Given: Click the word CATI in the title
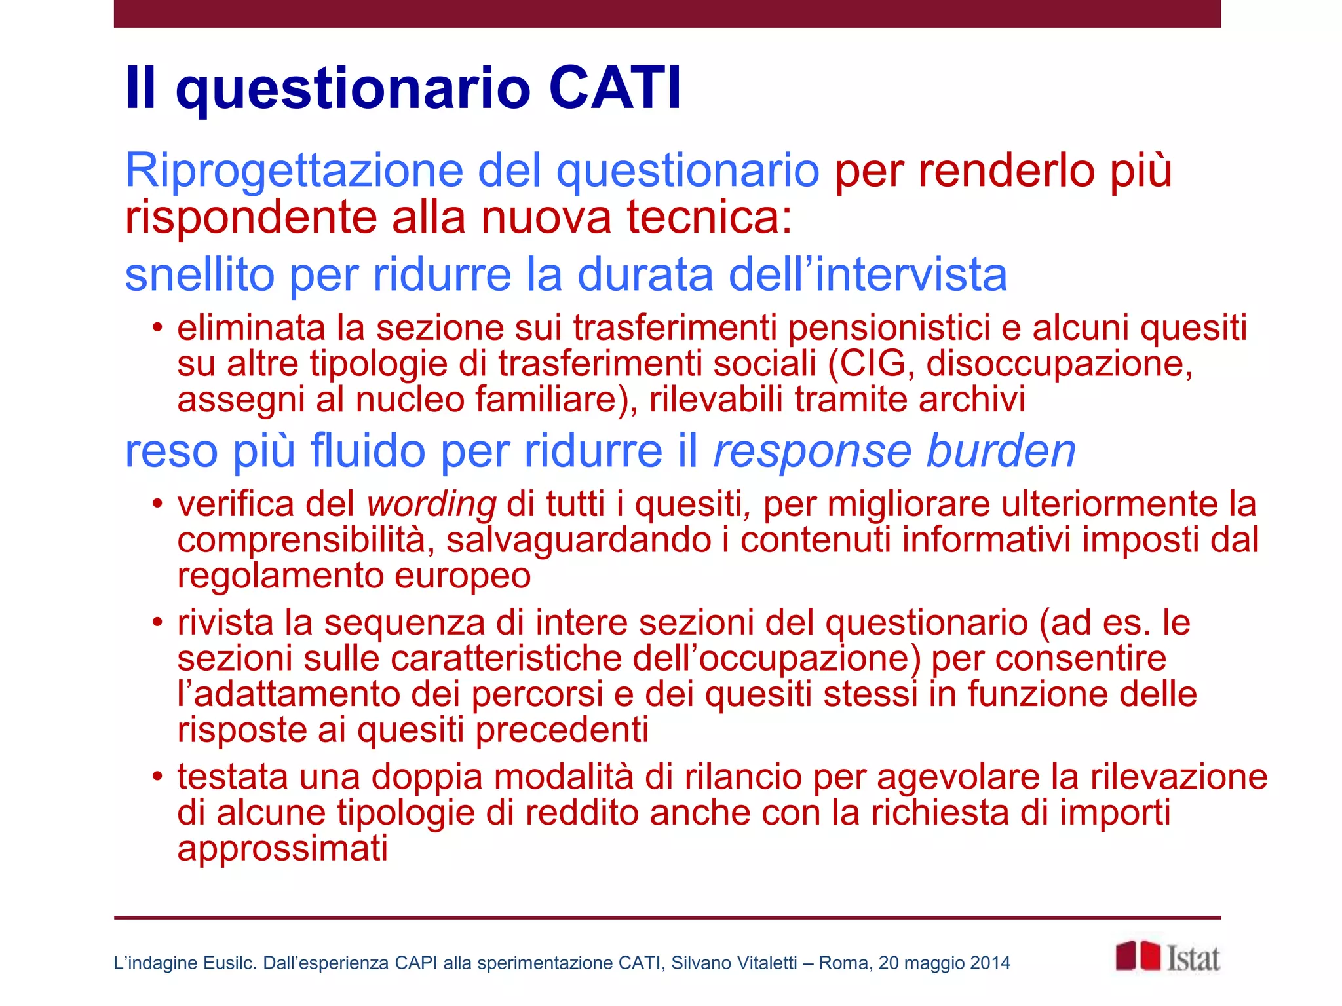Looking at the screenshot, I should coord(615,88).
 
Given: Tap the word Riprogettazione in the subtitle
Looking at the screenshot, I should coord(294,170).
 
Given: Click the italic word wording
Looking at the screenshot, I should coord(431,505).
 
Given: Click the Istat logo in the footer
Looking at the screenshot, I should coord(1168,958).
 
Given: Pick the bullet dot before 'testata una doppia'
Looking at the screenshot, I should coord(157,777).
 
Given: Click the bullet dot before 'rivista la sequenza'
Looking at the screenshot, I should coord(157,622).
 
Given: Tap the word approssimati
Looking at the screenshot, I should coord(282,849).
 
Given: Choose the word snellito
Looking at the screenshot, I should coord(200,275).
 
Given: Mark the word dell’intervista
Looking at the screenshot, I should coord(868,275).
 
